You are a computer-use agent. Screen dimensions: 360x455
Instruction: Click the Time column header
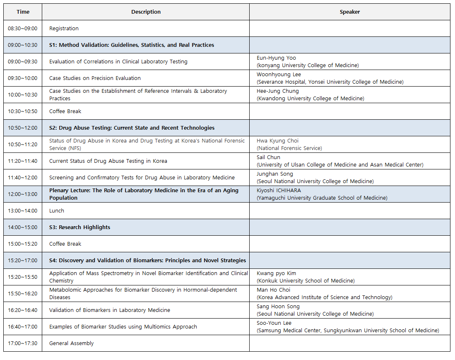pos(23,12)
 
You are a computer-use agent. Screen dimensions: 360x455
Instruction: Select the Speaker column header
pos(349,12)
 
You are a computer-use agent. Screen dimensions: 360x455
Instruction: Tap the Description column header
pos(146,12)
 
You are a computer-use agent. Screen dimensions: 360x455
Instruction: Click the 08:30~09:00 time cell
pos(23,29)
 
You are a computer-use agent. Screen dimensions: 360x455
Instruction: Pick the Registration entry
pos(64,29)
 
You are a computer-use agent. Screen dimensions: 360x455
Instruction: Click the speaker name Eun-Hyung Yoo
pos(276,58)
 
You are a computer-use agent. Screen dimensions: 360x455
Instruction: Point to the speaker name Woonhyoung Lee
pos(279,75)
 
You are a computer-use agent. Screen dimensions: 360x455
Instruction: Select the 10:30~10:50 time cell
pos(23,111)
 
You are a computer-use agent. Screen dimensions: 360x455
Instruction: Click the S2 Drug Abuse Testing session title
pos(132,128)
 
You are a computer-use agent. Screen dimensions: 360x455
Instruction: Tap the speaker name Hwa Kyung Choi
pos(277,141)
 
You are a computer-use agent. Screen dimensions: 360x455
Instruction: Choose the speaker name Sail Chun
pos(268,157)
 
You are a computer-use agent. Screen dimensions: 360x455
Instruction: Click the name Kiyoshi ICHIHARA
pos(279,191)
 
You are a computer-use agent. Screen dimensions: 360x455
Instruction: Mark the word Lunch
pos(57,211)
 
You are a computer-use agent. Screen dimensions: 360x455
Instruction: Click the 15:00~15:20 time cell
pos(23,244)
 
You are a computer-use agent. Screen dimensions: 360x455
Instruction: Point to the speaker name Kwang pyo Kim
pos(276,273)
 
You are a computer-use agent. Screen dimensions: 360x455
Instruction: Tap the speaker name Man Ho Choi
pos(273,290)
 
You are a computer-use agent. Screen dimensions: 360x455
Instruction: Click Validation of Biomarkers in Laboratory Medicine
pos(110,310)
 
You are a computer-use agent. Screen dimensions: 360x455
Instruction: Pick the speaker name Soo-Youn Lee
pos(274,323)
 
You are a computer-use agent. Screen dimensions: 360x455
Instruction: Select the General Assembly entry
pos(71,343)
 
